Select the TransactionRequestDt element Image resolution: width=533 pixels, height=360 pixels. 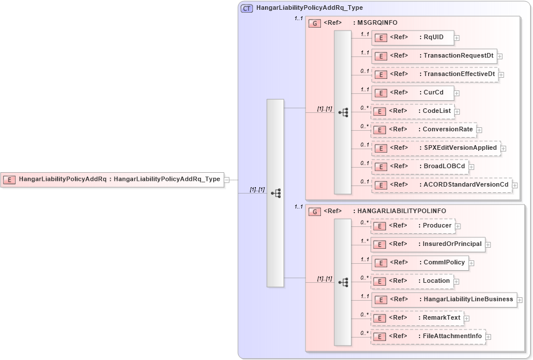433,56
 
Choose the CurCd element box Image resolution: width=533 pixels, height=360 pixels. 412,93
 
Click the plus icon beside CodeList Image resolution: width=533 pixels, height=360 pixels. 457,112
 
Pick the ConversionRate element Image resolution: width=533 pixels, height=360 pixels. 424,130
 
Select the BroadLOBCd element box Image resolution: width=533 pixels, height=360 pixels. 419,166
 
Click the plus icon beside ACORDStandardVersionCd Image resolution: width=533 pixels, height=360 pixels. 515,185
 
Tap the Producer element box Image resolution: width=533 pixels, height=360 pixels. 412,226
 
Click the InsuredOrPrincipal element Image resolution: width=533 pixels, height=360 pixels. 428,244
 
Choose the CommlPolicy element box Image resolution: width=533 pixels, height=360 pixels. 419,263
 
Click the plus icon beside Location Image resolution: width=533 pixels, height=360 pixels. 456,282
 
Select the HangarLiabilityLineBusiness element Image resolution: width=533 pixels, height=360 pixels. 444,300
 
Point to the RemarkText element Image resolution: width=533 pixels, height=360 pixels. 417,318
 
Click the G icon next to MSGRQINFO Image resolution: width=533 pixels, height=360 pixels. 315,24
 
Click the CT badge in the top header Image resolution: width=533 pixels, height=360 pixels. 247,9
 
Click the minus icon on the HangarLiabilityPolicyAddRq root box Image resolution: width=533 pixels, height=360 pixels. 227,180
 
